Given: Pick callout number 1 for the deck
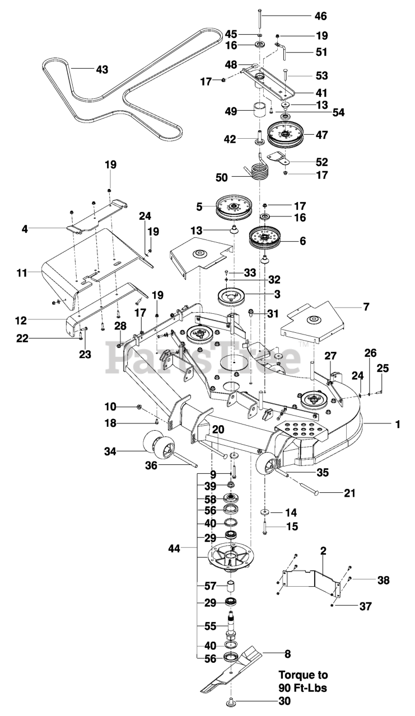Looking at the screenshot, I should pyautogui.click(x=397, y=425).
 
